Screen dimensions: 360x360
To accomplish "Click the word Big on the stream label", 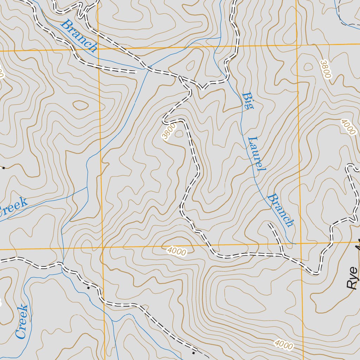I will point(247,101).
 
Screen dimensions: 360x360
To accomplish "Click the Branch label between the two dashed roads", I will point(79,36).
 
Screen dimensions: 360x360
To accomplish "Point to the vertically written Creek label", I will point(22,321).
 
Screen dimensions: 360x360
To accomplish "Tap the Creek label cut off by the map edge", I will point(13,207).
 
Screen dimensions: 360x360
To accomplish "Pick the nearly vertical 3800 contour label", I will point(326,69).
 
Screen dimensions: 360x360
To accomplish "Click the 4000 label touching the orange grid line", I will point(176,251).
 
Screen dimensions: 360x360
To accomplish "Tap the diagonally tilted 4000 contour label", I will point(348,127).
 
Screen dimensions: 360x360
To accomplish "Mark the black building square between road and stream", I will point(88,287).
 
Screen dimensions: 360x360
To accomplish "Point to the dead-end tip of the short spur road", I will point(269,224).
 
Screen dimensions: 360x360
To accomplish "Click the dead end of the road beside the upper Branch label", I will point(135,72).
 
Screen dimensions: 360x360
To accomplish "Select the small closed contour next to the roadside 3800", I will point(179,133).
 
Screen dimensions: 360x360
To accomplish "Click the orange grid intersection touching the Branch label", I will point(98,50).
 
